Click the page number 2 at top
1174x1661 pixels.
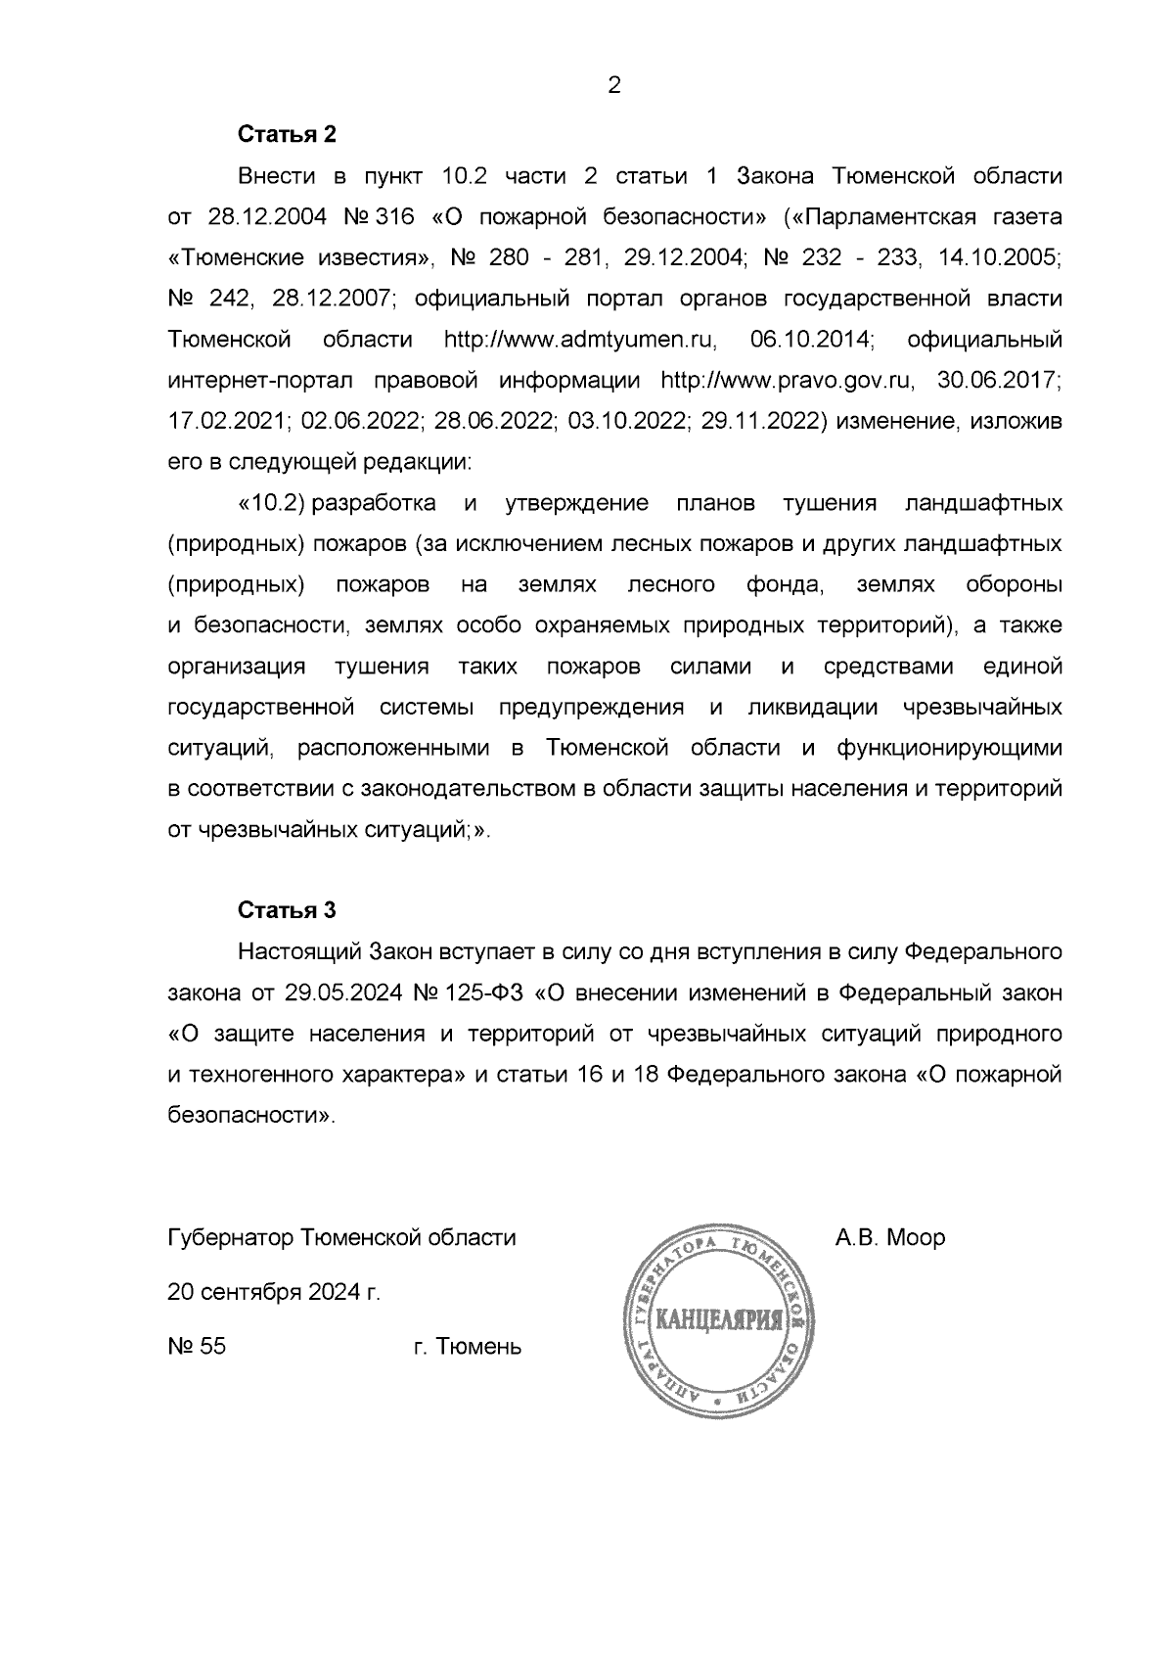coord(614,86)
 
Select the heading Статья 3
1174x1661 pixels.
coord(287,910)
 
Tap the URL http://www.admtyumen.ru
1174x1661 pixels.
coord(581,340)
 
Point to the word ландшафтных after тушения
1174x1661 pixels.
coord(983,503)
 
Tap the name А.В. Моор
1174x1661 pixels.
coord(889,1237)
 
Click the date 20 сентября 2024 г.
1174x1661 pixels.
coord(274,1292)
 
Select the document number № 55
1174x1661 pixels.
coord(197,1347)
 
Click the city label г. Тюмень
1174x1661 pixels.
coord(467,1347)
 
